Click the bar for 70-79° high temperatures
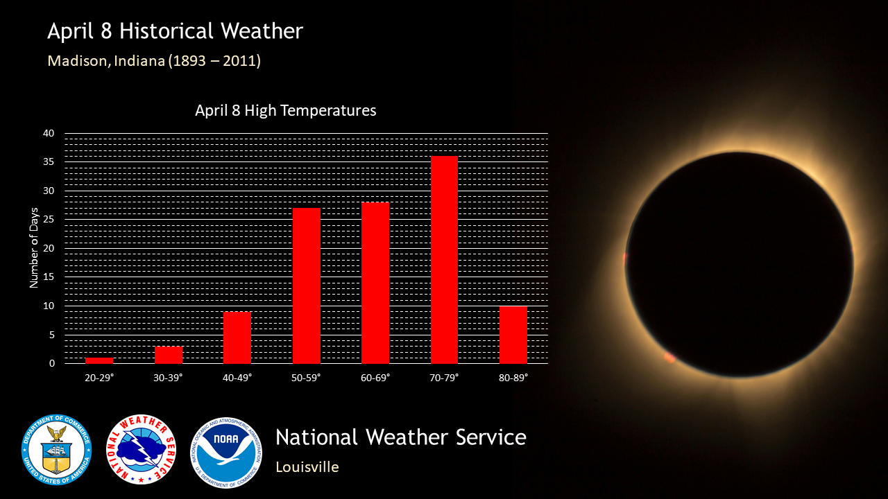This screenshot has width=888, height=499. click(444, 260)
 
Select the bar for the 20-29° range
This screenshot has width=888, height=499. click(99, 361)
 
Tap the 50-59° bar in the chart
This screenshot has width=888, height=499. click(307, 286)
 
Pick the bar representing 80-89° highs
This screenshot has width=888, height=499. click(513, 335)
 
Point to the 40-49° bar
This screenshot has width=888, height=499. click(237, 338)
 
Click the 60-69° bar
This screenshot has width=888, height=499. click(375, 283)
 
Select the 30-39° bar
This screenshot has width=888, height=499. click(169, 356)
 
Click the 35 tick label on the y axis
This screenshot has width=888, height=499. click(49, 162)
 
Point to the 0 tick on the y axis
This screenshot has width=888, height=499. click(52, 364)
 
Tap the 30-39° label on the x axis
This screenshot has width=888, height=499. click(168, 378)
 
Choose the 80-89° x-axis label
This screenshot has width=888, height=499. click(513, 378)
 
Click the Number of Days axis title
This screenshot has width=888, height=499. click(34, 248)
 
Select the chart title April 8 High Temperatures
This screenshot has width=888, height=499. click(285, 110)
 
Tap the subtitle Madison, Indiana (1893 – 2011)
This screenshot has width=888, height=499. click(154, 61)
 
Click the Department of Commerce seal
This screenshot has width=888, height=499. click(57, 450)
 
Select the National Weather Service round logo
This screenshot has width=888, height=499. click(141, 450)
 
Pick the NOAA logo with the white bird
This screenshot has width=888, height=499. click(226, 453)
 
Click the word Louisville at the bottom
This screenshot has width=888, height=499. click(307, 467)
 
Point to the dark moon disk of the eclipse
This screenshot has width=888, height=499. click(740, 264)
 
